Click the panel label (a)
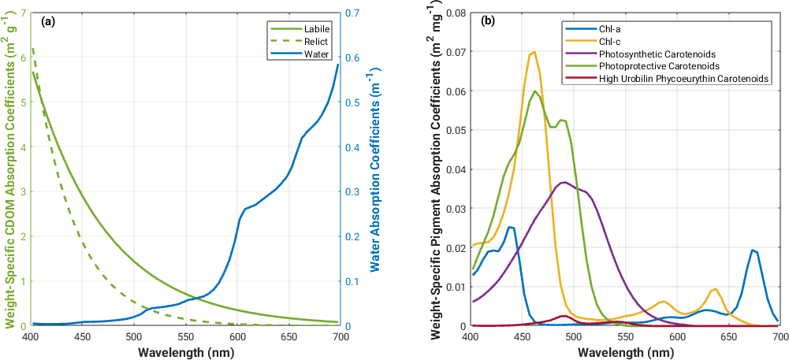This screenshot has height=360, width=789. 47,22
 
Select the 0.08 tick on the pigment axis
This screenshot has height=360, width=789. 455,13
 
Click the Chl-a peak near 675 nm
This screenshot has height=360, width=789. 754,251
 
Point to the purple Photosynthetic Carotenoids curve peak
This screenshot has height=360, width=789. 564,182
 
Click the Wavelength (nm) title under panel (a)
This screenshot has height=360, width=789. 186,351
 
